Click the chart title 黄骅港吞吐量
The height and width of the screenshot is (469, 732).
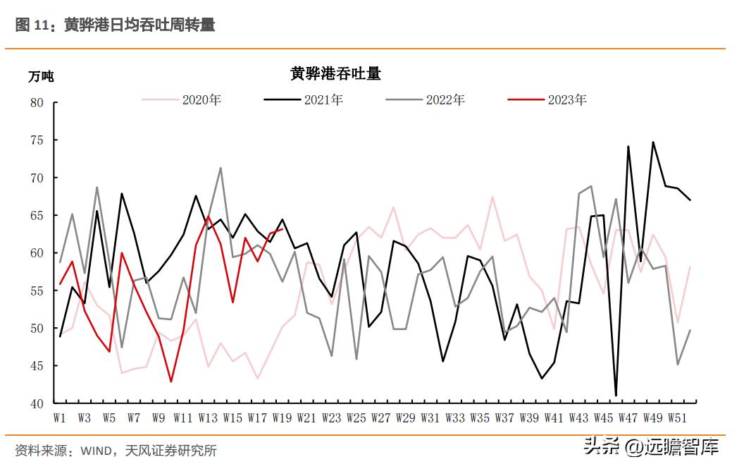pos(335,74)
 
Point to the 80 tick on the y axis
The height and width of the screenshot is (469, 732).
pos(37,103)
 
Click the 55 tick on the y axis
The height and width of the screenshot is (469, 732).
pos(37,291)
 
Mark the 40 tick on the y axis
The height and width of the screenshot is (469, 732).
pos(37,403)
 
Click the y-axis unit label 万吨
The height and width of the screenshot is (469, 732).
pos(40,77)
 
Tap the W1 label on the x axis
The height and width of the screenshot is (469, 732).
pos(60,418)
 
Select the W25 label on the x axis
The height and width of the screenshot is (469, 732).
pos(356,418)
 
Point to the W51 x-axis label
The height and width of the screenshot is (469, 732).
pos(678,418)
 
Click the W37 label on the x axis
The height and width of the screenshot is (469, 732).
pos(504,418)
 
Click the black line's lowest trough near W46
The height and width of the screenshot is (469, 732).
pos(616,396)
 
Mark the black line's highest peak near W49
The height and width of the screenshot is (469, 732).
pos(653,142)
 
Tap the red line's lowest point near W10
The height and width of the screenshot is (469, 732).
pos(171,382)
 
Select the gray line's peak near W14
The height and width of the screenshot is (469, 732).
pos(221,168)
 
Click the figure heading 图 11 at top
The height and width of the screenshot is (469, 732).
pos(32,25)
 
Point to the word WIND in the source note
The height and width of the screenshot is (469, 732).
pos(97,450)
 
